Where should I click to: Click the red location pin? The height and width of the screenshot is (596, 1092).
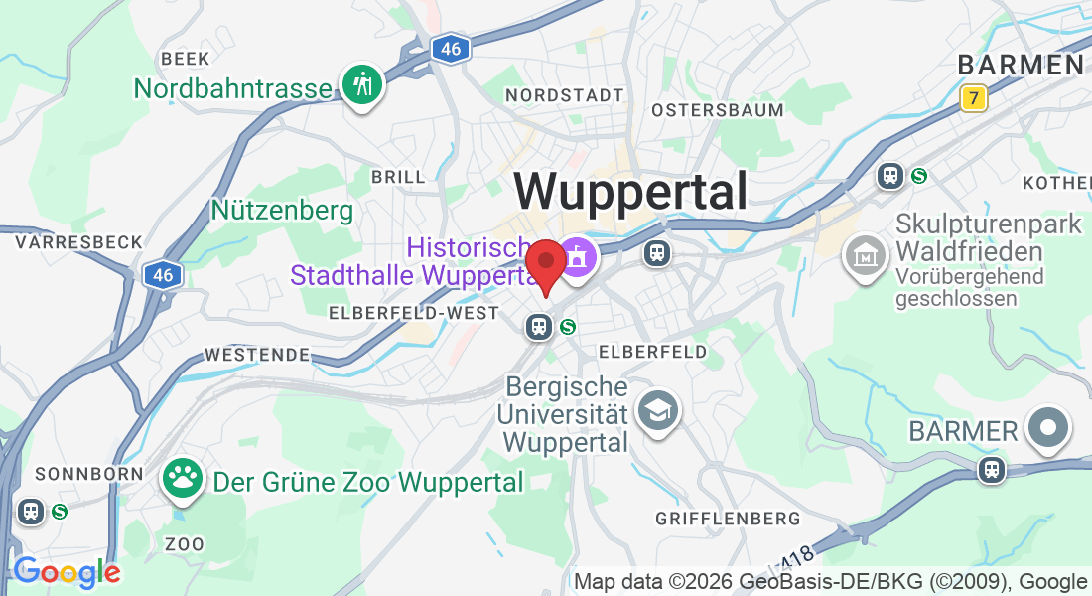(545, 263)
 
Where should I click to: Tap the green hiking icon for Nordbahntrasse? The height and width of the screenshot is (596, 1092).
(363, 84)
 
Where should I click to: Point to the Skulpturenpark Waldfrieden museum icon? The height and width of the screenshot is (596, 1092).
(864, 255)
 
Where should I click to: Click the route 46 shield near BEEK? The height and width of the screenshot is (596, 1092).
(451, 49)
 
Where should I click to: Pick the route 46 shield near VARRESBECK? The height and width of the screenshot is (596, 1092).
(162, 275)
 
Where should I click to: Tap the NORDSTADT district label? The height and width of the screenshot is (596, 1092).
(565, 95)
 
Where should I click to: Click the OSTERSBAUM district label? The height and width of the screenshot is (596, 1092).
(718, 110)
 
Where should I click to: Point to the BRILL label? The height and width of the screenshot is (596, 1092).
(398, 177)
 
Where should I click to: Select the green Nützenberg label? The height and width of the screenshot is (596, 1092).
(282, 211)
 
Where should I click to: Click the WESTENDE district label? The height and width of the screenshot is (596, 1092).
(257, 354)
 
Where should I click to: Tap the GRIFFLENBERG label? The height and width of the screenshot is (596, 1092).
(728, 519)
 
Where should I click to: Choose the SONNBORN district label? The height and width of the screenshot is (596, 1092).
(89, 474)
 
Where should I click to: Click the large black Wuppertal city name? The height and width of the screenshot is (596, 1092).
(630, 191)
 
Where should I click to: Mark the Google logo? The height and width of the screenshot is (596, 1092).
(66, 572)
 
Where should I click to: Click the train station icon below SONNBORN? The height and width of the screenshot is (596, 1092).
(30, 511)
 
